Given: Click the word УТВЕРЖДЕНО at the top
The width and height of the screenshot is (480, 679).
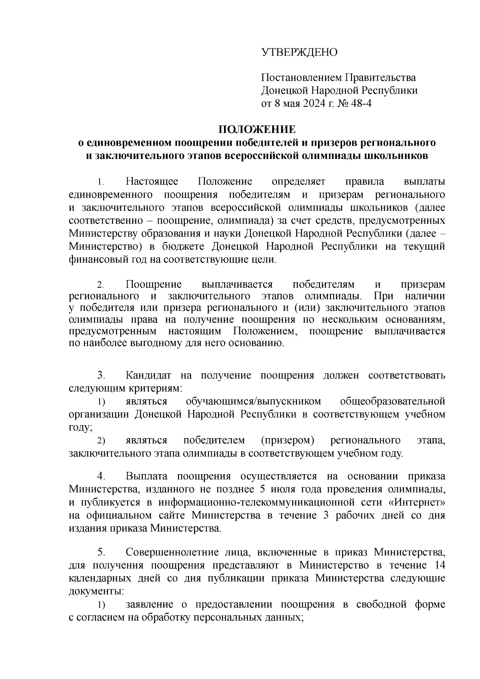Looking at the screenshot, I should click(x=299, y=52).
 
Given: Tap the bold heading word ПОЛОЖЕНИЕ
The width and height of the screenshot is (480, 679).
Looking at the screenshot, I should click(x=256, y=130).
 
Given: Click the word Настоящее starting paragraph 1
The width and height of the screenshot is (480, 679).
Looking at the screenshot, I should click(x=152, y=182).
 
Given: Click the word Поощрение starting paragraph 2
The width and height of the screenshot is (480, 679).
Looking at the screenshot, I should click(x=154, y=284).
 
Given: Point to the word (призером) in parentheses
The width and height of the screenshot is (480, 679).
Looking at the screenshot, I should click(x=287, y=441).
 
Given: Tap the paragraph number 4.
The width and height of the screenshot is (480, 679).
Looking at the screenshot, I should click(x=101, y=476).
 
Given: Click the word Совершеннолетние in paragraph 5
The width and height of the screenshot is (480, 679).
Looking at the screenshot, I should click(x=180, y=553).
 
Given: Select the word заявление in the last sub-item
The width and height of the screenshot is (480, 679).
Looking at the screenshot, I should click(x=149, y=604).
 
